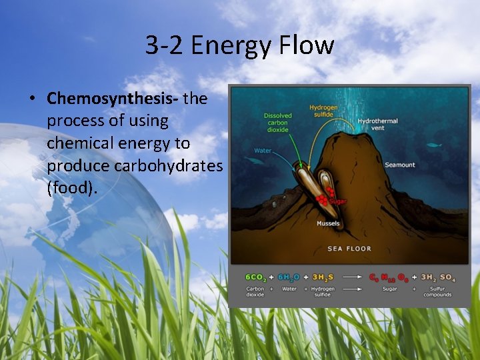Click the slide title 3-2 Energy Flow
(x=240, y=45)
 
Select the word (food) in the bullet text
(x=72, y=187)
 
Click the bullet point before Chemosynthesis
(x=32, y=99)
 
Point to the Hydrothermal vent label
(x=378, y=125)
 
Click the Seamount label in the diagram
(x=399, y=165)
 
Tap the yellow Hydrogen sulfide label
(x=323, y=111)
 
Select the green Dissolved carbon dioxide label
(x=277, y=123)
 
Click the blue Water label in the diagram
(x=263, y=150)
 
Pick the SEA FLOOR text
(x=349, y=249)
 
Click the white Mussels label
(x=328, y=223)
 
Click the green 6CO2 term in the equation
(x=255, y=277)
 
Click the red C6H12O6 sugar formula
(x=386, y=277)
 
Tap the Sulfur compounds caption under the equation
(x=437, y=292)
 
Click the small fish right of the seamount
(x=435, y=145)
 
